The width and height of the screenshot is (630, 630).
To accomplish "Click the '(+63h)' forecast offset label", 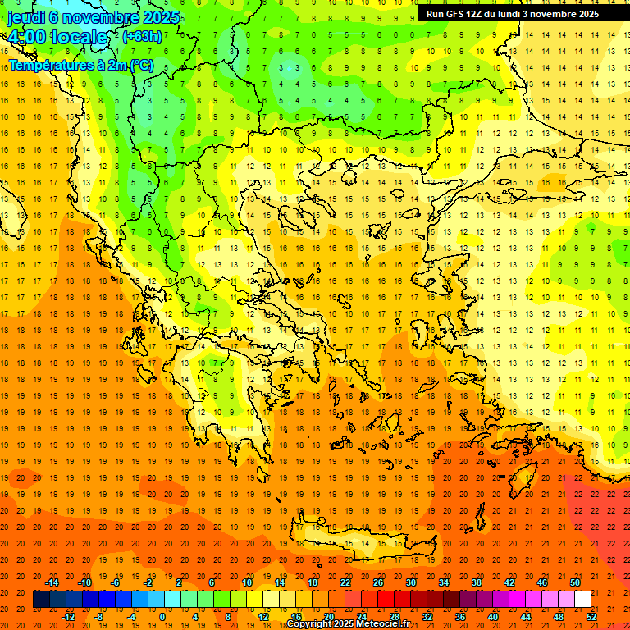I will (142, 36).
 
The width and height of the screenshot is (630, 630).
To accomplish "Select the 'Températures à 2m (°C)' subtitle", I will (80, 65).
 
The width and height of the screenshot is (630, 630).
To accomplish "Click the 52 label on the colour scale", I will (591, 617).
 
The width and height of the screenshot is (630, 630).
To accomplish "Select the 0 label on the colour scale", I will (162, 617).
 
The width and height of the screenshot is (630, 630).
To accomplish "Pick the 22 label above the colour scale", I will (345, 582).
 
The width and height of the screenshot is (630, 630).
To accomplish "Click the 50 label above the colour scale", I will (574, 582).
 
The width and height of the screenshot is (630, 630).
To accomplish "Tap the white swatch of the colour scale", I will (582, 600).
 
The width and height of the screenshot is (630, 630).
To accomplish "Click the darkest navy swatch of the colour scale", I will (41, 600).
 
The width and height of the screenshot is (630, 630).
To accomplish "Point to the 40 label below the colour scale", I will (493, 617).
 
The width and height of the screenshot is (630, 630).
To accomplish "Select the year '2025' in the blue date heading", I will (162, 17).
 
